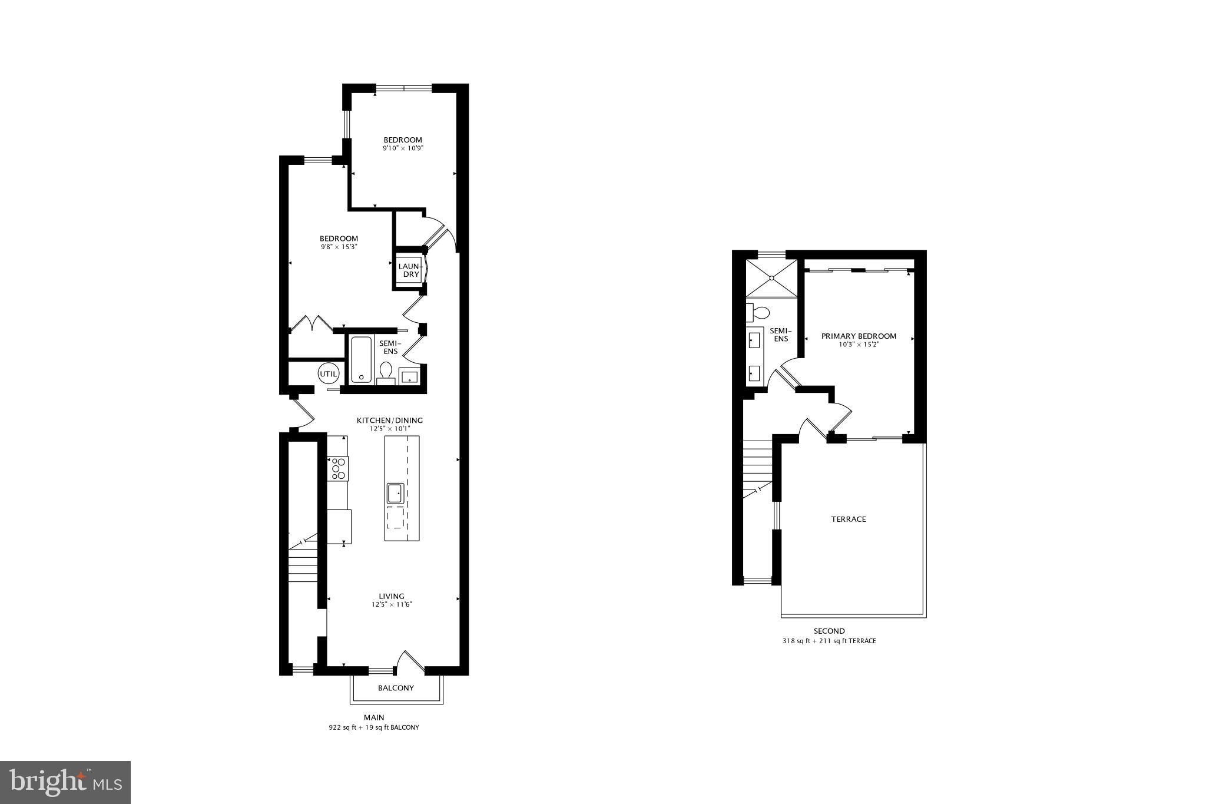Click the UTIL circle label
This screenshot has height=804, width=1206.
(329, 374)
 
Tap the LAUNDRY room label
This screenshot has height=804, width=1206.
(409, 270)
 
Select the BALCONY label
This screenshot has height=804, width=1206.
(396, 688)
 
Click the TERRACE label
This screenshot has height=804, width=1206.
(849, 520)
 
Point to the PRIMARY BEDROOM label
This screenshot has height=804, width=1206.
(859, 336)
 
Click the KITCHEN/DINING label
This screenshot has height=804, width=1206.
(390, 421)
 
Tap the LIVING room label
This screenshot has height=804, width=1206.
(392, 596)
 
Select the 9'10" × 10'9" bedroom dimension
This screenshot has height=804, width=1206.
(403, 148)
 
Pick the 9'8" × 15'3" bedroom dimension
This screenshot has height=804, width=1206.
(339, 247)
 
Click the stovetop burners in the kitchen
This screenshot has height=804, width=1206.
(338, 468)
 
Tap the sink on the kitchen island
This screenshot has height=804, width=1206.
(395, 493)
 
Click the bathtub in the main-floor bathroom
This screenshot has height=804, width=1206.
(360, 359)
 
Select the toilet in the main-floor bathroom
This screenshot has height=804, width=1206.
(386, 372)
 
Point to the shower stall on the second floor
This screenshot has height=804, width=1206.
(771, 278)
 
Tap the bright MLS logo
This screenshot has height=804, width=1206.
(65, 782)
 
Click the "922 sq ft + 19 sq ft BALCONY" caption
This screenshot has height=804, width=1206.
(374, 727)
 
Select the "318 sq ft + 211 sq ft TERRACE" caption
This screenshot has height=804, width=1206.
(829, 641)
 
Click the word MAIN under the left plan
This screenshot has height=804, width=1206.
(374, 717)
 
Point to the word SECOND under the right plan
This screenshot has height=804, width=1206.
(829, 631)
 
